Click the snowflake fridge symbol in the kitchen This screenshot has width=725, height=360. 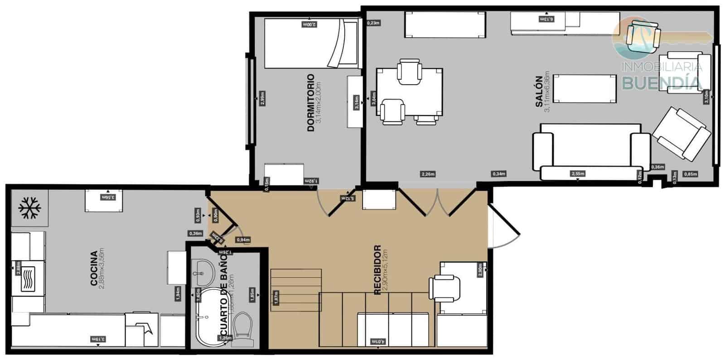30,208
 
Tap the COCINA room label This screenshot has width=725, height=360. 94,269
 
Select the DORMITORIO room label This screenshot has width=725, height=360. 311,103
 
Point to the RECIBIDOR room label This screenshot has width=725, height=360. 377,270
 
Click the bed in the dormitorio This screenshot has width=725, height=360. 313,43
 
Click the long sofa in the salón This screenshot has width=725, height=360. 591,152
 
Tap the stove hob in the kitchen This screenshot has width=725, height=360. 29,278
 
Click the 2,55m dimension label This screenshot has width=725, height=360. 578,173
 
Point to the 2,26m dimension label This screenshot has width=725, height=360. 428,174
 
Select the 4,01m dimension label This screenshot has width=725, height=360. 376,341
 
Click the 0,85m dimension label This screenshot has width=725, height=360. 690,174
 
